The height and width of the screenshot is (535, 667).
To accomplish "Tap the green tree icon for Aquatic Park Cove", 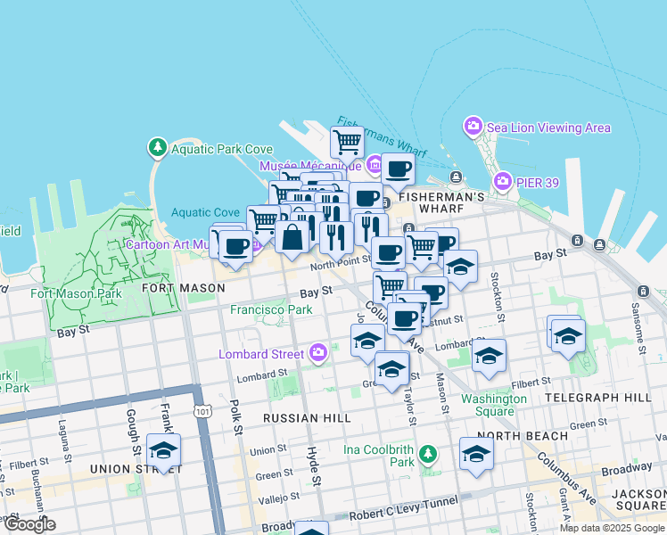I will click(x=157, y=146).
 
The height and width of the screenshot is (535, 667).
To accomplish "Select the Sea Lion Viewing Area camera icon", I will click(x=473, y=128).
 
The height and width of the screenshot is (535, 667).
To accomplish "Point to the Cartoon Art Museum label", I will click(x=169, y=244).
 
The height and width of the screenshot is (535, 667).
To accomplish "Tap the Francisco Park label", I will click(x=271, y=309).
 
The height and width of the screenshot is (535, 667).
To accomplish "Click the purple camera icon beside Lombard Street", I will click(x=318, y=354).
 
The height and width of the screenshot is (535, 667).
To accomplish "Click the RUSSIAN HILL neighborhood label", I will click(x=308, y=417).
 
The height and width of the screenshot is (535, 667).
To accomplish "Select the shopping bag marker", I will click(x=292, y=237).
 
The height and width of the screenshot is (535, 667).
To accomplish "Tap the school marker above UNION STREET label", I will click(x=163, y=451).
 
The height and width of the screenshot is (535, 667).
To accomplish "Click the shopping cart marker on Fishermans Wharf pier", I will click(x=347, y=140).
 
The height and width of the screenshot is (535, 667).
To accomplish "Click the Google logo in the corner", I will click(x=29, y=524).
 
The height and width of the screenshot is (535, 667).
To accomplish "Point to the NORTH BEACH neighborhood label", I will click(x=528, y=435).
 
